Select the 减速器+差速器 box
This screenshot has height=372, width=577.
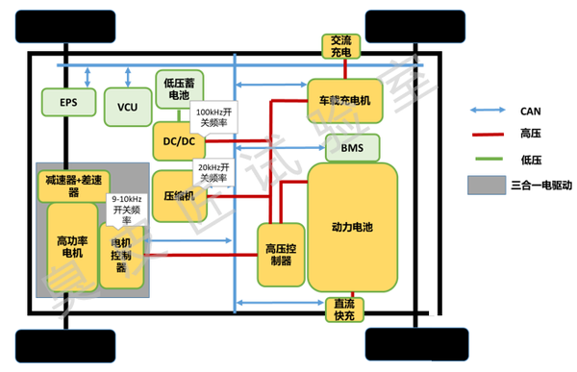75,182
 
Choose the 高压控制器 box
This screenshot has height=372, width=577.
278,254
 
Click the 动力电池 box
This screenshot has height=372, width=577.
353,227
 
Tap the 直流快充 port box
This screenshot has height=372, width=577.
342,309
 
